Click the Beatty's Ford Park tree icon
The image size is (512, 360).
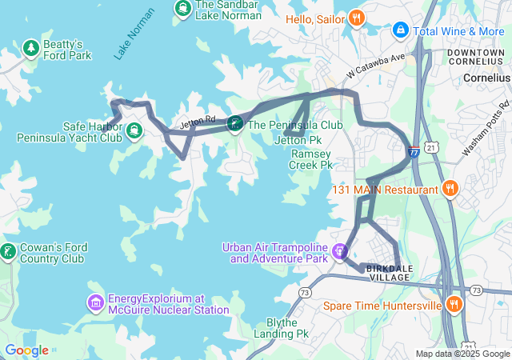pyautogui.click(x=31, y=48)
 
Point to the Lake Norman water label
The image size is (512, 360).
pyautogui.click(x=134, y=34)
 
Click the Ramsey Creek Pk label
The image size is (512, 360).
pyautogui.click(x=311, y=159)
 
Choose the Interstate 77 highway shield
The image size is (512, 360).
pyautogui.click(x=413, y=151)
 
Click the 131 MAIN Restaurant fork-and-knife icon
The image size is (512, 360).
pyautogui.click(x=450, y=190)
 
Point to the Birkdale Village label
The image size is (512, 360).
pyautogui.click(x=388, y=272)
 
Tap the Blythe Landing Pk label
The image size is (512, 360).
pyautogui.click(x=286, y=328)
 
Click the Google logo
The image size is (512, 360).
pyautogui.click(x=26, y=350)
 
